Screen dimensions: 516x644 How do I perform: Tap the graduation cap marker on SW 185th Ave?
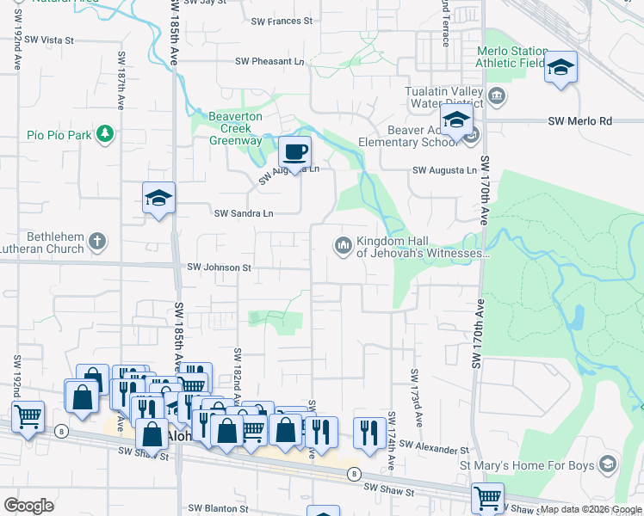coord(159,199)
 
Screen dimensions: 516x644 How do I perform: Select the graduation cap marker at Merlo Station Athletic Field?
coord(560,68)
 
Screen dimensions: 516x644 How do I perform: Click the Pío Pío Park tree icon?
coord(104,133)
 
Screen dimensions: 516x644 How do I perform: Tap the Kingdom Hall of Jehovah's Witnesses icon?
coord(343,246)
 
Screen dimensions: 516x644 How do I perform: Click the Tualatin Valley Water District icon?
coord(497,94)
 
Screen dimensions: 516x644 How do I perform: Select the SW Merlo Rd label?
coord(579,121)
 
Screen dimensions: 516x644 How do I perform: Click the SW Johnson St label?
coord(219,267)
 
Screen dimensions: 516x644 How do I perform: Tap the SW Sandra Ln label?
coord(244,213)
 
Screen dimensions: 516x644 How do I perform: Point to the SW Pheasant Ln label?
coord(270,61)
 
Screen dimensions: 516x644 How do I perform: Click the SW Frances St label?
coord(282,21)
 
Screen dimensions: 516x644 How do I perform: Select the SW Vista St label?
coord(50,40)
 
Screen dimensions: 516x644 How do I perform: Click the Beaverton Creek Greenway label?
coord(235,128)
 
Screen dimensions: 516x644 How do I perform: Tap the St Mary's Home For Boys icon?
coord(609,464)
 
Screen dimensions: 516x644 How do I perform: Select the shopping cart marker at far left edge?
coord(28,417)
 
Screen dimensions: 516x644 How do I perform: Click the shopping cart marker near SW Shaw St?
coord(487,498)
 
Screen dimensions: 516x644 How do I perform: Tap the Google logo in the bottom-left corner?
coord(28,505)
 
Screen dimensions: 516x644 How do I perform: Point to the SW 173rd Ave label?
coord(416,398)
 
